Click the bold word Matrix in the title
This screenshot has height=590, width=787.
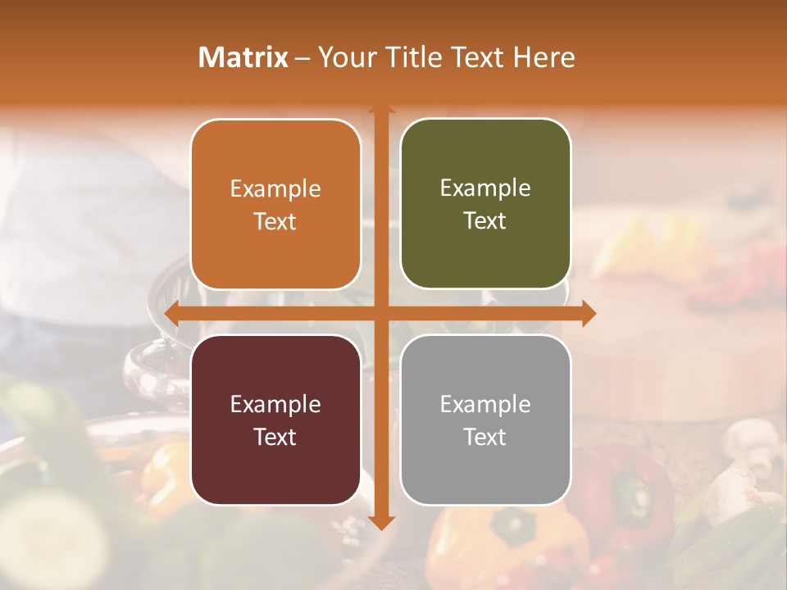pyautogui.click(x=243, y=57)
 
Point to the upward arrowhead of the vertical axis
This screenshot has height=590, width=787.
pyautogui.click(x=381, y=109)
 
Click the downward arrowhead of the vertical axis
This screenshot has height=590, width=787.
pyautogui.click(x=381, y=522)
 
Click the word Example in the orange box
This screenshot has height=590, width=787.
pyautogui.click(x=275, y=189)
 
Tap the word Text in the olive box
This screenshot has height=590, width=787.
pyautogui.click(x=485, y=221)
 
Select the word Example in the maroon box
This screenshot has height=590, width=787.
pyautogui.click(x=275, y=404)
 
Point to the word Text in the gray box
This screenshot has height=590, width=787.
pyautogui.click(x=485, y=437)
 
